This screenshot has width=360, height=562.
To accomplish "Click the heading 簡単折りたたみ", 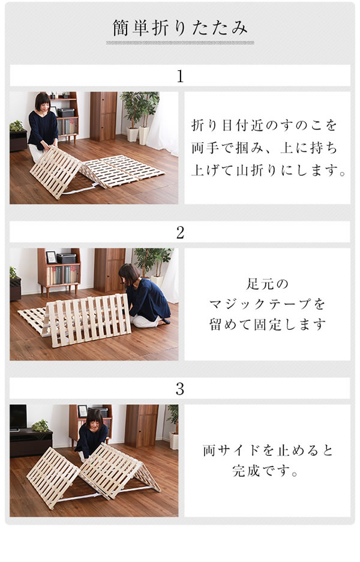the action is coord(180,28).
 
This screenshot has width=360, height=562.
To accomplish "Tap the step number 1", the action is coord(180,76).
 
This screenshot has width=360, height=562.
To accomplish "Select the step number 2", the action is coord(180,233).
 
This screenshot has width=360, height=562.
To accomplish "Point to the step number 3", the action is coord(180,389).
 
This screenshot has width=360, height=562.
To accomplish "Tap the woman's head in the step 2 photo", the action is coord(129,274).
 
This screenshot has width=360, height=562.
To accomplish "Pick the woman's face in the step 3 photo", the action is coord(94,423).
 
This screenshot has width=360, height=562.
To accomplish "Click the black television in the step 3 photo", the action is coord(18,417).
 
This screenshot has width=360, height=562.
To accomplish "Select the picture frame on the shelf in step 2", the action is coord(51,257).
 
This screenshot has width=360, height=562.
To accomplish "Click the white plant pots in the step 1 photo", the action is coord(138,135).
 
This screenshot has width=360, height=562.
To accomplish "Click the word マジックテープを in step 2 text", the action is coord(267,305).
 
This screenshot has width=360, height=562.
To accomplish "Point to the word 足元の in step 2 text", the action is coord(267,284).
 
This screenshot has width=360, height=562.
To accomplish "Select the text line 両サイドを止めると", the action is coord(268,450).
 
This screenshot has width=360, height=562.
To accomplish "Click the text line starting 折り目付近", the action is coord(264,125).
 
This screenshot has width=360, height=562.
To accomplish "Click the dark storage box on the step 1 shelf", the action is coord(66,113).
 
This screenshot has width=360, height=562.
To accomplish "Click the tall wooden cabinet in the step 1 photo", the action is coord(103,116).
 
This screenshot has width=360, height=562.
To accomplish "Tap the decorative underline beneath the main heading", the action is coord(180,43).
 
